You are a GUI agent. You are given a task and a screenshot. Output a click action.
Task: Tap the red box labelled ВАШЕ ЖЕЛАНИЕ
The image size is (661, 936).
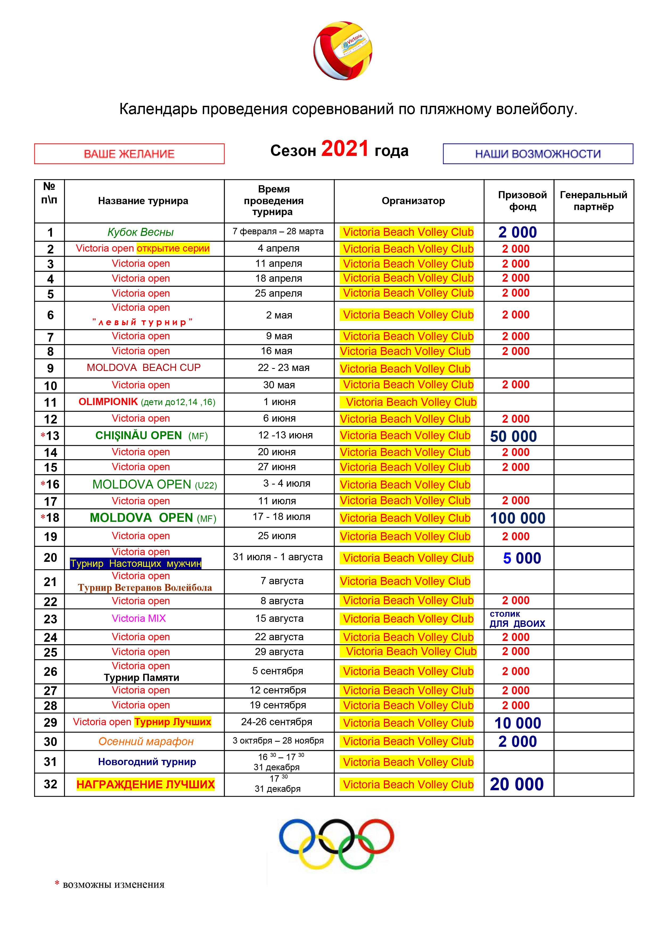(129, 154)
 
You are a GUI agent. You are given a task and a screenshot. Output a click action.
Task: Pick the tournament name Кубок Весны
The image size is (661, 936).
(141, 232)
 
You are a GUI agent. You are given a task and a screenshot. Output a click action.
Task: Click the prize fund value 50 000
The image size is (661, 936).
(513, 436)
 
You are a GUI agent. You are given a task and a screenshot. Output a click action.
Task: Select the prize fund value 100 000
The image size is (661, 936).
(517, 518)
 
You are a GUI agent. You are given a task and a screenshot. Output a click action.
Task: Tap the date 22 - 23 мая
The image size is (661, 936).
(284, 368)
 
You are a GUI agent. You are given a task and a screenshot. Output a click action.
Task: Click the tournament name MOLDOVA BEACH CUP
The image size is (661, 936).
(144, 368)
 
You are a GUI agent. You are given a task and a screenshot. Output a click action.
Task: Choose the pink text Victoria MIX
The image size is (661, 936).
(139, 618)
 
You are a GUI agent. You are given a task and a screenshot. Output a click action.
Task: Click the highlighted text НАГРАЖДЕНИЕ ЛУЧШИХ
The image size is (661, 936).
(145, 784)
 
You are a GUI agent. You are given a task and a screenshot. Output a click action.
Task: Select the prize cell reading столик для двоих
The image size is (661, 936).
(517, 619)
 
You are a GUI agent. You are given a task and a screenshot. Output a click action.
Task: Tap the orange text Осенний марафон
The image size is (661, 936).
(146, 741)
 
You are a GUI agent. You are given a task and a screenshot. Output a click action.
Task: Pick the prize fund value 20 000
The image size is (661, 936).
(516, 784)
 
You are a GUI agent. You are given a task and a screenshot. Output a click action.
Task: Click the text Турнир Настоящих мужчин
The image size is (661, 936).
(136, 564)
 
